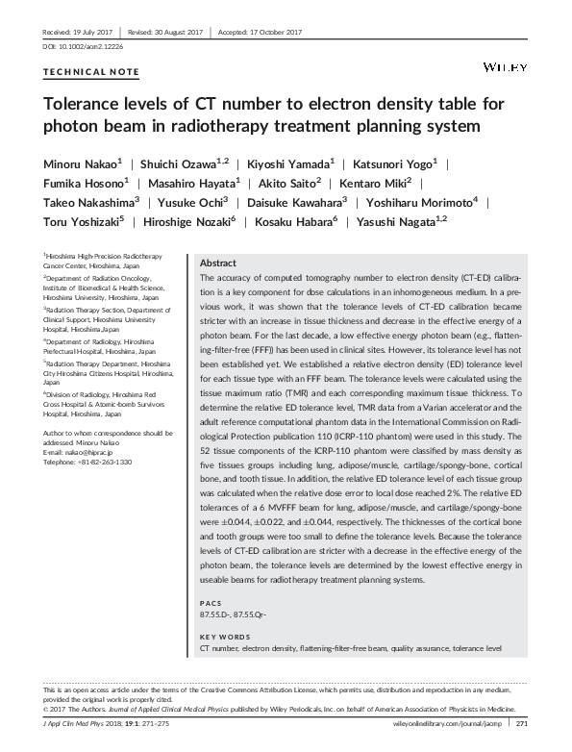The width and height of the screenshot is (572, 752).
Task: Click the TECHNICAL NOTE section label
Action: coord(92,72)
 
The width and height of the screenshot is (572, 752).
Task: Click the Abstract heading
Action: coord(217,263)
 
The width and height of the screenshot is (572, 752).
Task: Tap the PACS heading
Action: coord(210,603)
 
